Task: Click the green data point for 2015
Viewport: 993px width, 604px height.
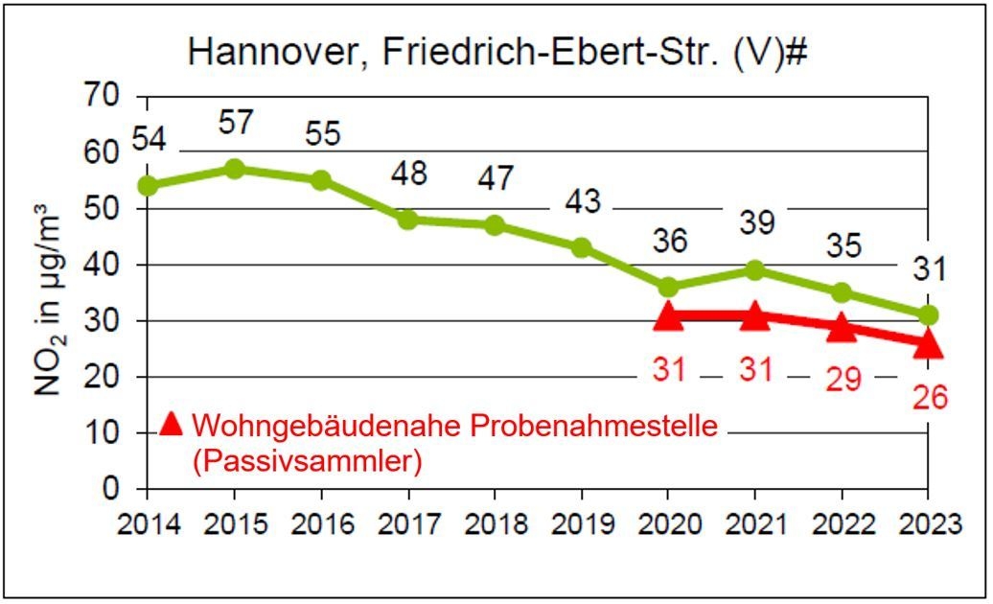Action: click(x=234, y=169)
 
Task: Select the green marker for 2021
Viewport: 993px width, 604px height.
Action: click(x=754, y=270)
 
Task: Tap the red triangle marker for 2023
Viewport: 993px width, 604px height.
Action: click(x=928, y=344)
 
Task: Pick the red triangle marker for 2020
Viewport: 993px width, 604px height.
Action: click(x=668, y=316)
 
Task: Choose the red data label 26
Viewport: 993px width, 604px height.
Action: click(x=928, y=395)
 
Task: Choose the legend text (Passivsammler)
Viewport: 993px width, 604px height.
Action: click(x=307, y=461)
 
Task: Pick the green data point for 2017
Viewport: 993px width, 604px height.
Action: click(x=408, y=219)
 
